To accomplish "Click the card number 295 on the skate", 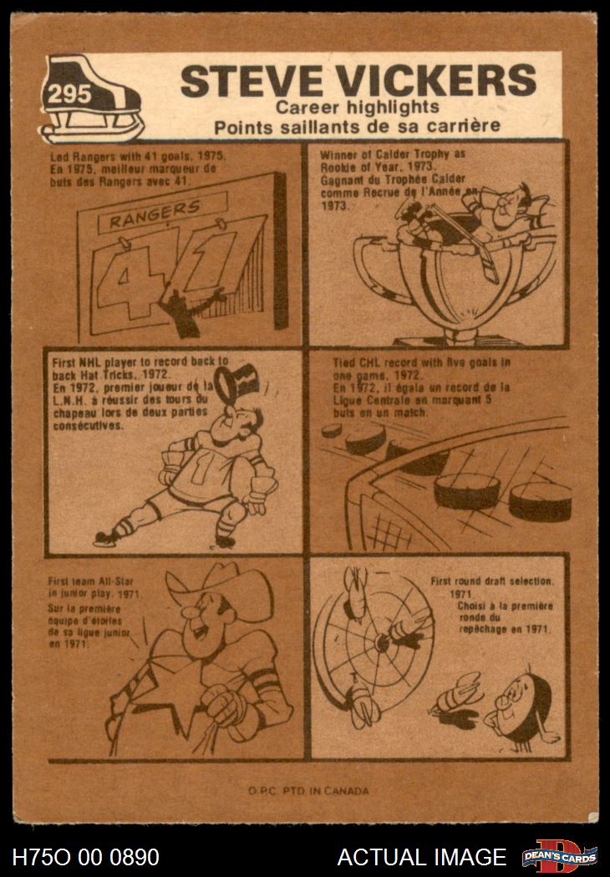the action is [x=69, y=94].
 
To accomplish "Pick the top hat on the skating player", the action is [x=237, y=384].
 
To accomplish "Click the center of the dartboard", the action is [x=382, y=642].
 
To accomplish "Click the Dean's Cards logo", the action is [x=560, y=856].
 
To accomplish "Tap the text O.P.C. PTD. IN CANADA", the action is [x=308, y=791].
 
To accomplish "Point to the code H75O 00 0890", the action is [x=85, y=857].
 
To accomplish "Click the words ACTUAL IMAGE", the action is [x=422, y=857].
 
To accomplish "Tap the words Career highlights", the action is [x=358, y=107].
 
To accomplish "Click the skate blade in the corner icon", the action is [x=93, y=131].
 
